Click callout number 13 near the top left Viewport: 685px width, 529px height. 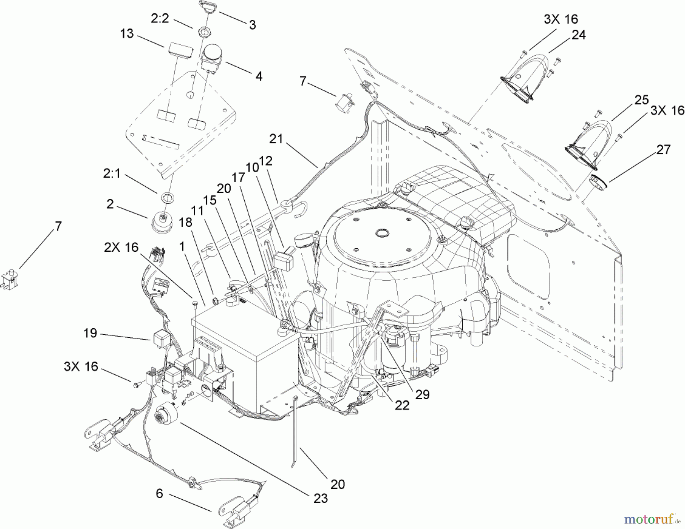(x=127, y=33)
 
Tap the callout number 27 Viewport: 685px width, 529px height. (x=663, y=149)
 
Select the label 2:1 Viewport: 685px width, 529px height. (x=112, y=174)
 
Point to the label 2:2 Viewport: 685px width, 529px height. (x=160, y=19)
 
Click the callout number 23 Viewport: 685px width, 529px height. (x=320, y=498)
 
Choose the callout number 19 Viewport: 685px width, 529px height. (x=90, y=334)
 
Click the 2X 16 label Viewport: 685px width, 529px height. (x=121, y=247)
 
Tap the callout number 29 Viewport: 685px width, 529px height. (x=422, y=394)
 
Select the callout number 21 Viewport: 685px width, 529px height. (x=276, y=139)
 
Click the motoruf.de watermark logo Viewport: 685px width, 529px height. (x=654, y=518)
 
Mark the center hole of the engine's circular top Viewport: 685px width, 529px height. (x=382, y=232)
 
